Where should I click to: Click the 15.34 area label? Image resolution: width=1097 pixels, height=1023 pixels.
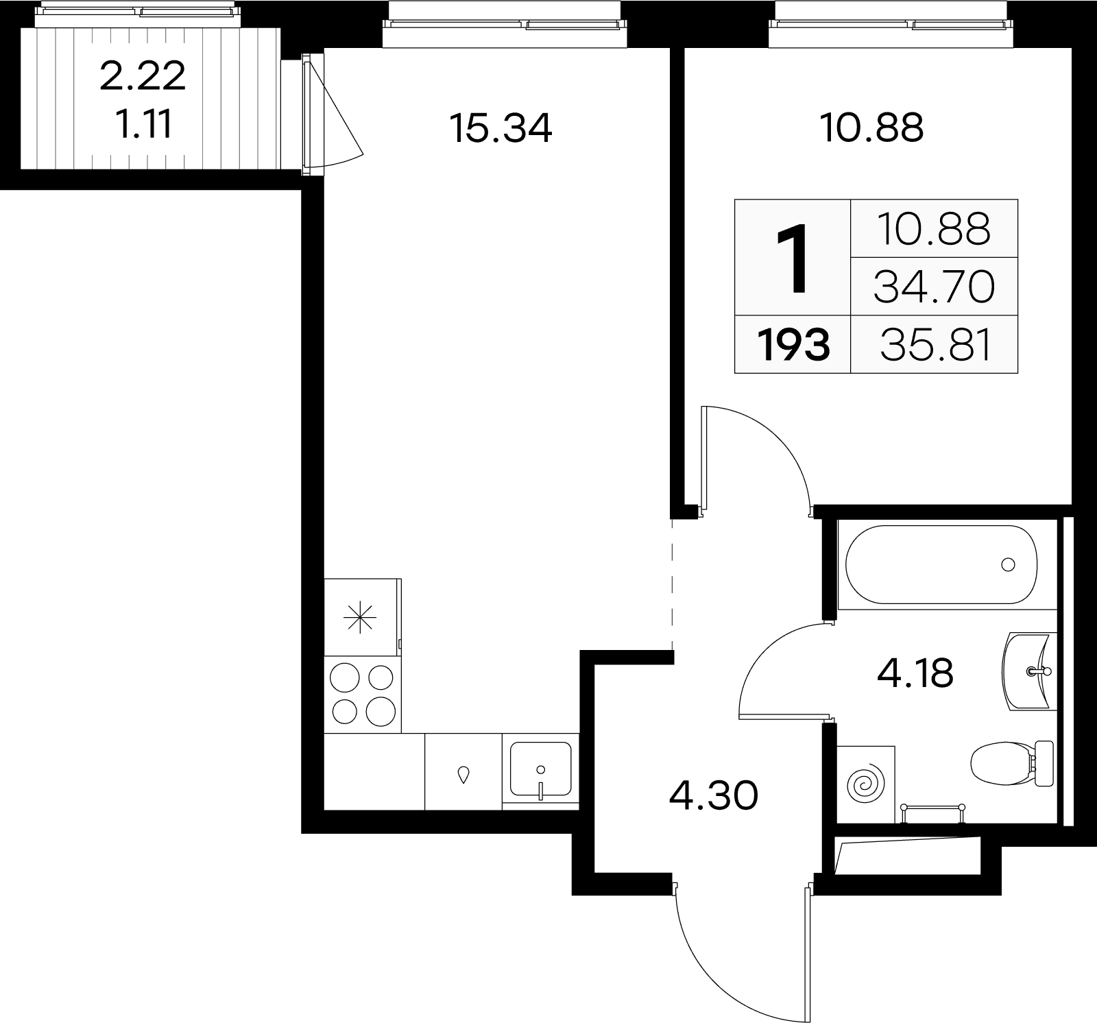tap(501, 128)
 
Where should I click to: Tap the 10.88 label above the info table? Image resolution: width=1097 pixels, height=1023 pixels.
tap(872, 128)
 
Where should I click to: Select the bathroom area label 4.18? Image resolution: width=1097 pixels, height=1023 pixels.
tap(915, 673)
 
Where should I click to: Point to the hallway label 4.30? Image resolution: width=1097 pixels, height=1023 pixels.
tap(714, 796)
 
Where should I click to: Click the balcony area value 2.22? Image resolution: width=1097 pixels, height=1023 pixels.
tap(143, 76)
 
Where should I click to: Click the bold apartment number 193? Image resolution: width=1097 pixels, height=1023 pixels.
tap(793, 345)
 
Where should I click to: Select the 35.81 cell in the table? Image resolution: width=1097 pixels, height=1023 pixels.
tap(936, 345)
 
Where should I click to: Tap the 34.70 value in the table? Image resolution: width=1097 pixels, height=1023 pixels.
tap(934, 287)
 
